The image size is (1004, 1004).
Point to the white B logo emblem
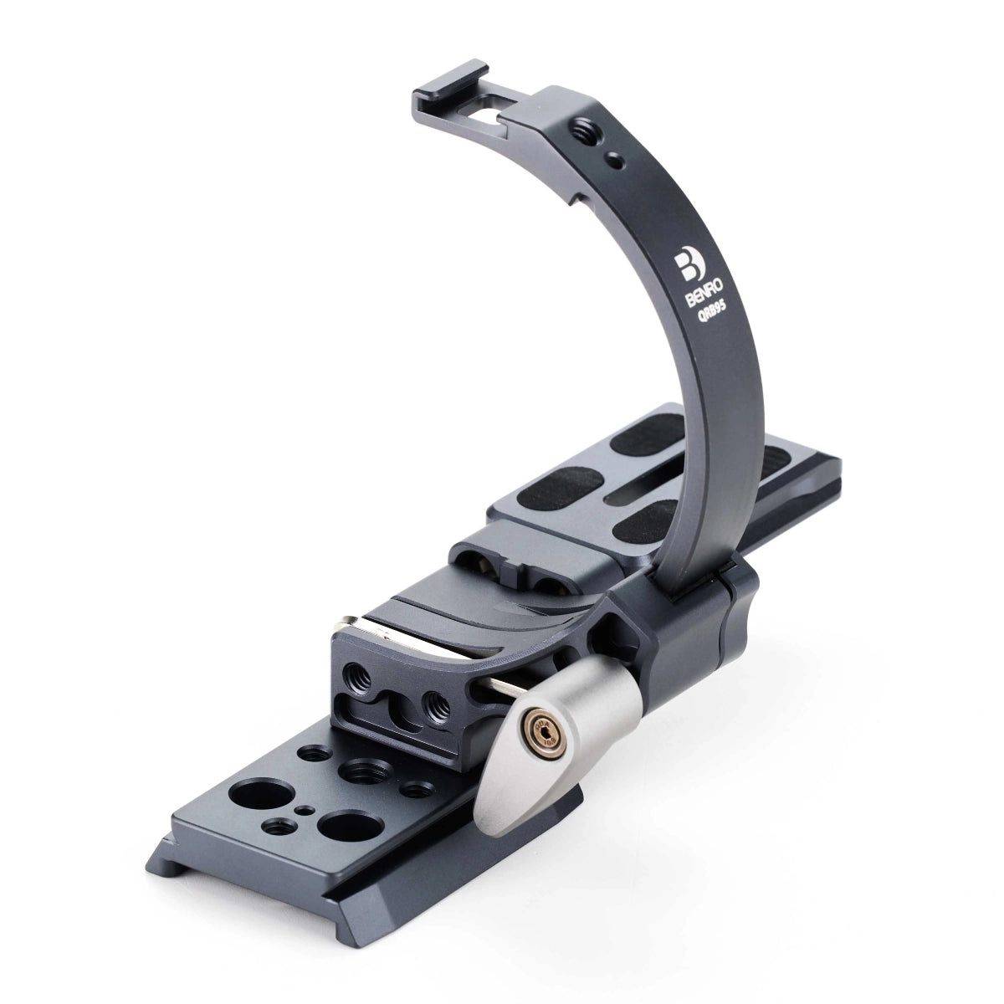687,267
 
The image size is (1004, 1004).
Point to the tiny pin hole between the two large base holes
310,809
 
